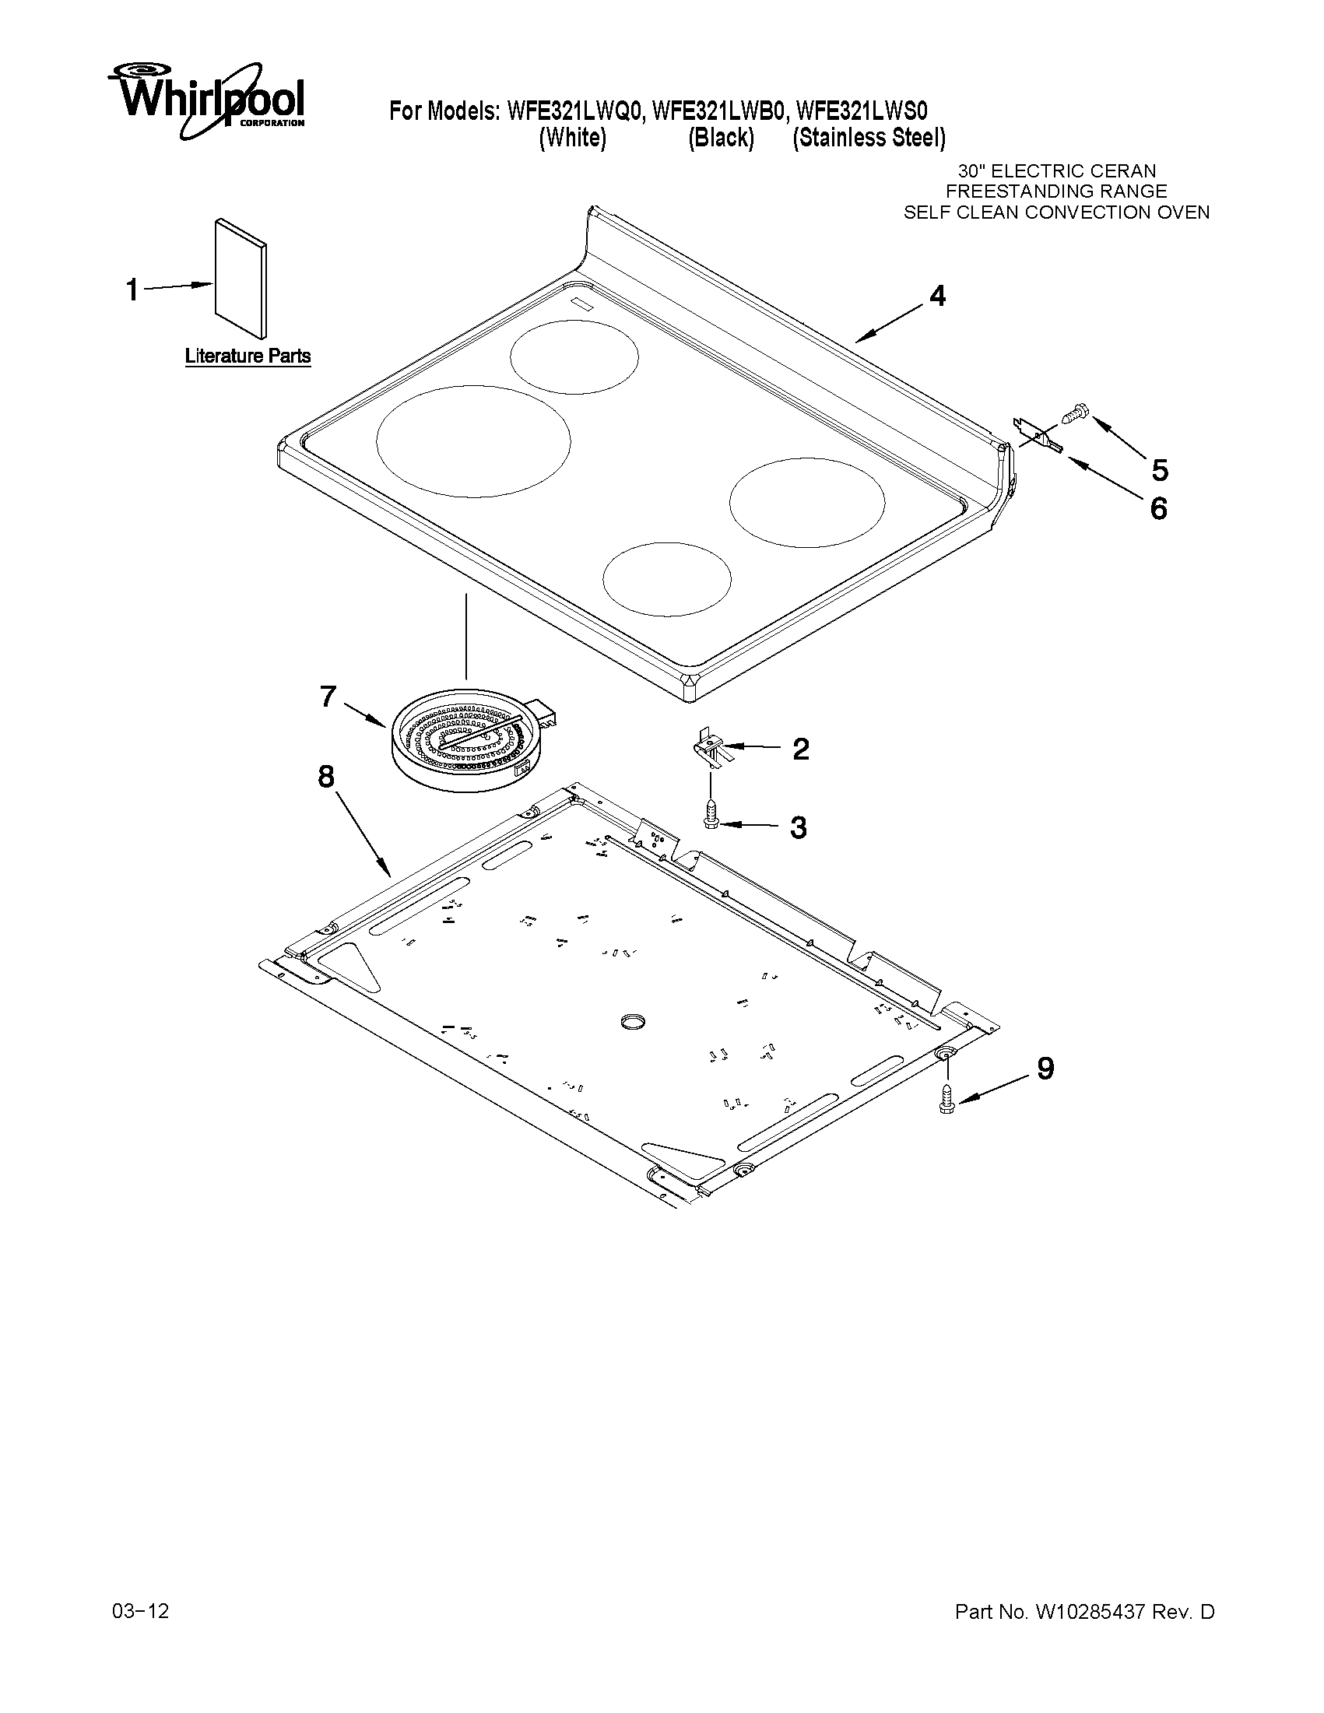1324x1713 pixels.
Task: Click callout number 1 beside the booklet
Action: tap(132, 290)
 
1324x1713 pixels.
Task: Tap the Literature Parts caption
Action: tap(248, 356)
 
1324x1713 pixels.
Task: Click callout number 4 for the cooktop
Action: tap(937, 296)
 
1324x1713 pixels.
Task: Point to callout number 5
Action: tap(1159, 470)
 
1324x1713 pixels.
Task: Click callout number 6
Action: tap(1158, 509)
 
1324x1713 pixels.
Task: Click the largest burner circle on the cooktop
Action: tap(473, 441)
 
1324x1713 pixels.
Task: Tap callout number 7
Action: tap(328, 696)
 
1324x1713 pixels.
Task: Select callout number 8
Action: tap(325, 777)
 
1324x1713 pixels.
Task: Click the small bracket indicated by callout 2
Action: tap(709, 745)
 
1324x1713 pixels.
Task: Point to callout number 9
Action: tap(1045, 1069)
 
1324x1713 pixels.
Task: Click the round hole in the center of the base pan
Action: tap(631, 1020)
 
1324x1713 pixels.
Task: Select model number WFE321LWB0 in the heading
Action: tap(718, 111)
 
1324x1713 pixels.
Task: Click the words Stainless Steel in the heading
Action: tap(869, 138)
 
